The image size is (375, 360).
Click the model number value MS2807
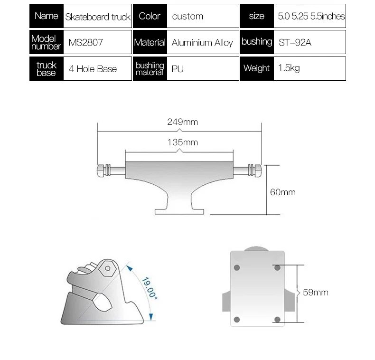tap(85, 43)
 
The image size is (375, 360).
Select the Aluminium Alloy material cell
tap(202, 43)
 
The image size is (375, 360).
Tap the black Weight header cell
tap(256, 68)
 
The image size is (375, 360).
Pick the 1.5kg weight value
tap(289, 68)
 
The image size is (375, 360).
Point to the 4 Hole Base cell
tap(93, 69)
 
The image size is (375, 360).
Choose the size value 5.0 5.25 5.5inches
tap(311, 16)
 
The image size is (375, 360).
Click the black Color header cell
tap(149, 16)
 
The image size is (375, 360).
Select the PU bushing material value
tap(178, 69)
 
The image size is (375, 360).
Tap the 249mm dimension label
tap(182, 122)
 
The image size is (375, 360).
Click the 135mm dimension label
tap(182, 142)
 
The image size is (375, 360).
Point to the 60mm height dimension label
tap(282, 192)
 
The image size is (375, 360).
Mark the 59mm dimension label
tap(315, 293)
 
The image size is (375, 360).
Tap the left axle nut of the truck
tap(101, 170)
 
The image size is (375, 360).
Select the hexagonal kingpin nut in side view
tap(108, 268)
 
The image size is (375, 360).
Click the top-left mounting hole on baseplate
tap(237, 268)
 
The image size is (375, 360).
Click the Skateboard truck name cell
tap(97, 17)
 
